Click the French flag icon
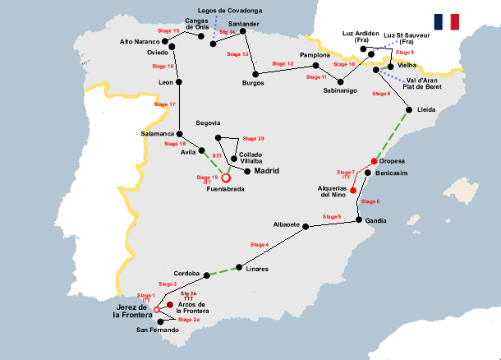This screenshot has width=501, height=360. [448, 22]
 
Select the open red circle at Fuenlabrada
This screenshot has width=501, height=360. [227, 177]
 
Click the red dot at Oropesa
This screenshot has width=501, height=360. [374, 161]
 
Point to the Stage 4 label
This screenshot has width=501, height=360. [259, 245]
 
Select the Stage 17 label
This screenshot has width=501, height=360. [165, 105]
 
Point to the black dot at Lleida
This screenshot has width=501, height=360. [409, 108]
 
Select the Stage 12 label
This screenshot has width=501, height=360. [283, 63]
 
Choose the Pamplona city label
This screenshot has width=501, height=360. [315, 55]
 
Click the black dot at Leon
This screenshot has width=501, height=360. [180, 82]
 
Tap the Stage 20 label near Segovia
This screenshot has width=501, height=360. [255, 138]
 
